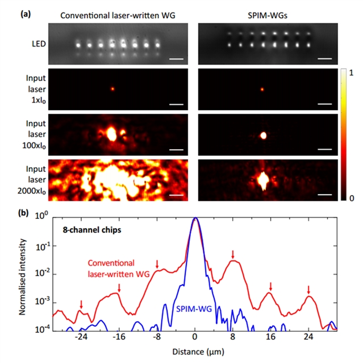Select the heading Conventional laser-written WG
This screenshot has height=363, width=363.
click(116, 15)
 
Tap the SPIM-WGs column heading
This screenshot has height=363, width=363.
click(266, 15)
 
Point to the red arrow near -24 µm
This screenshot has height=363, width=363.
click(81, 305)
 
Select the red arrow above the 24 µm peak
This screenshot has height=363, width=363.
click(308, 289)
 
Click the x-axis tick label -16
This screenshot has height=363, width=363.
click(119, 336)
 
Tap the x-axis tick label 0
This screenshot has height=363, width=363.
click(195, 336)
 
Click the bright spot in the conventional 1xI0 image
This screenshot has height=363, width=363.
click(112, 88)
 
